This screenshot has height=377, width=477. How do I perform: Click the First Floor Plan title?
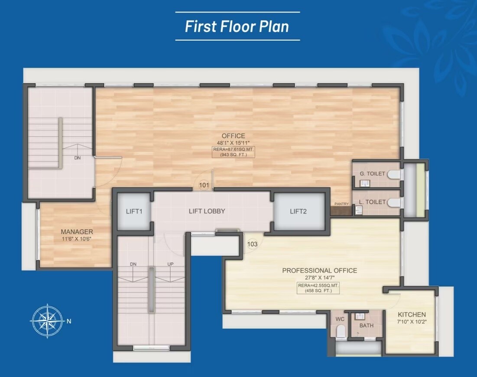(x=237, y=26)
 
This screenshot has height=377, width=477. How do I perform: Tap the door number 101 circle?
(x=204, y=185)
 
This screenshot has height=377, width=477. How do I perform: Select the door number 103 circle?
(x=252, y=244)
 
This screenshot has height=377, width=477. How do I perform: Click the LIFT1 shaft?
(x=134, y=211)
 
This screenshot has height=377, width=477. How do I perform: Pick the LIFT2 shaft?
(x=299, y=211)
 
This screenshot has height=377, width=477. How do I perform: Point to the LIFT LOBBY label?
(x=207, y=211)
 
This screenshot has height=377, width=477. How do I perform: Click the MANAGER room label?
(x=77, y=232)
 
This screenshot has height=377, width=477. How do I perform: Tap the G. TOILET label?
(x=372, y=174)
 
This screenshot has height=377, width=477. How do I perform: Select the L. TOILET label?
(x=372, y=202)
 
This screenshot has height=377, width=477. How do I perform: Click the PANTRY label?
(x=341, y=204)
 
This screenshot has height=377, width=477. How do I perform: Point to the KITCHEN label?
(x=412, y=315)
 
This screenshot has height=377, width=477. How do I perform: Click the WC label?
(x=340, y=319)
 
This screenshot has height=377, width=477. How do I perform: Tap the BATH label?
(x=366, y=325)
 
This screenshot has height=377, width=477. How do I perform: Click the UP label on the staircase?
(x=171, y=264)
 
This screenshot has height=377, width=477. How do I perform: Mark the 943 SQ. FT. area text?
(x=234, y=154)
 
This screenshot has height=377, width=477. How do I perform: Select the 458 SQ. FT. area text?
(x=318, y=291)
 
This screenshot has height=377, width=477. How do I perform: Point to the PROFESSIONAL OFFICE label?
(x=320, y=270)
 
